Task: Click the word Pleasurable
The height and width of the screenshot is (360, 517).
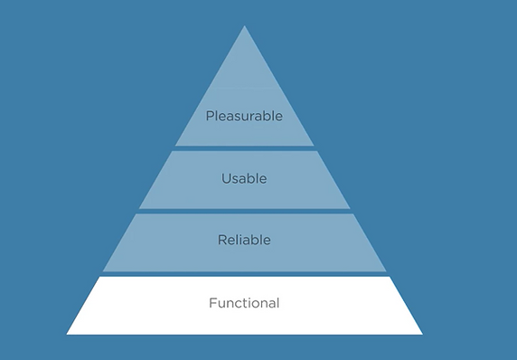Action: point(244,116)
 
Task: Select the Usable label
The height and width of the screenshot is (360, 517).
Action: point(244,178)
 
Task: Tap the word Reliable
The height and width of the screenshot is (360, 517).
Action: point(244,240)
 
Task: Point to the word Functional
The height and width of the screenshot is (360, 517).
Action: point(244,303)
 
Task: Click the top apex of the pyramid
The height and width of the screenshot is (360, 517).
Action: point(244,26)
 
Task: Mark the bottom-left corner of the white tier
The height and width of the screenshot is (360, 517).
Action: point(67,334)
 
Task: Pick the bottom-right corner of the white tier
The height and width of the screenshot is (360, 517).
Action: point(422,334)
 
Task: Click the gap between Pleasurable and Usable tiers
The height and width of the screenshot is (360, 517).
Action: point(244,148)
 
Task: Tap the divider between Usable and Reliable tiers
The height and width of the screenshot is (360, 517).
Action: point(244,211)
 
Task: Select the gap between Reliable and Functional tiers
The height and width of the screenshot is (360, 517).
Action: point(244,274)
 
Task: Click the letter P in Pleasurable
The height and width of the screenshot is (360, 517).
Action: point(209,116)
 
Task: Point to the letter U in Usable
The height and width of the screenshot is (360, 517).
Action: point(226,178)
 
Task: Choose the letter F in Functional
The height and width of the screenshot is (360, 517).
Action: point(212,303)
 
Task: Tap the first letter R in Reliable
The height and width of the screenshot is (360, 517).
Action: point(221,240)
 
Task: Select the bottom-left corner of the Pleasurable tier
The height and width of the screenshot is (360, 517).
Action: point(175,146)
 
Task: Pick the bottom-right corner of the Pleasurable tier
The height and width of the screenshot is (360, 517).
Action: point(314,146)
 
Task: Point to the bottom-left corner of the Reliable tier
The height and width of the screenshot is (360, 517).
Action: point(103,271)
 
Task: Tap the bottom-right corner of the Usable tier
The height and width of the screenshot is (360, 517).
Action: point(350,208)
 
